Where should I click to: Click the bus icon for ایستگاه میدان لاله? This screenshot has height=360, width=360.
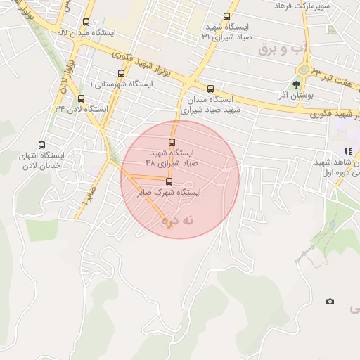pos(86,22)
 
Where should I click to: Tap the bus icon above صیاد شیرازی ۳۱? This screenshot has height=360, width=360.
pos(226,16)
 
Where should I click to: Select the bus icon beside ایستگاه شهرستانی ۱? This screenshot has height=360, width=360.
pos(121,73)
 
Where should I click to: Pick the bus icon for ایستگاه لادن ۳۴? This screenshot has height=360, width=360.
pos(82,98)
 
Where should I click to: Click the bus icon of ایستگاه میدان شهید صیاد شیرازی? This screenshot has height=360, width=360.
pos(210,89)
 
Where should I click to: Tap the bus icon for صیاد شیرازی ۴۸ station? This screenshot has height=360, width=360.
pos(172,142)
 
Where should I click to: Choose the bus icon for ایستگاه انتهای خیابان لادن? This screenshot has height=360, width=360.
pos(41,146)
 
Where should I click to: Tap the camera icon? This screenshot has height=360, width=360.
pos(330,302)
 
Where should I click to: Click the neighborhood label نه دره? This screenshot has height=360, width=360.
pos(177,220)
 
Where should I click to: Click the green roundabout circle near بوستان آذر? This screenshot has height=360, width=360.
pos(304,69)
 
